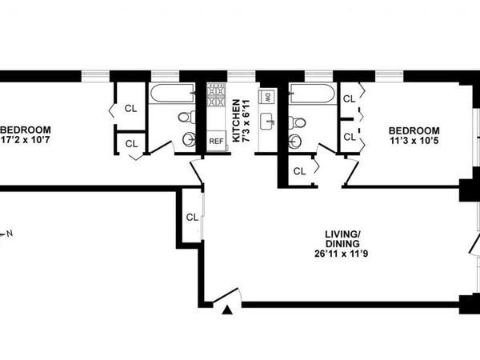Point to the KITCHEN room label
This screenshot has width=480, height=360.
tap(236, 121)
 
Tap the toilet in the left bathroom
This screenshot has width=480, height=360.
tap(185, 118)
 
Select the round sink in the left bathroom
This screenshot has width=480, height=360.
tap(188, 140)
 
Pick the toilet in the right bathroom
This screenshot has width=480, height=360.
tap(298, 122)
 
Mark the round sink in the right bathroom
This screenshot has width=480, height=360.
tap(295, 142)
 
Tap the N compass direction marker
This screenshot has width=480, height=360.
tap(10, 234)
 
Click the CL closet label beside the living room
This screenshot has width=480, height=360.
tap(192, 217)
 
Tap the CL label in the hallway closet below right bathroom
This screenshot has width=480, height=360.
tap(299, 171)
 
